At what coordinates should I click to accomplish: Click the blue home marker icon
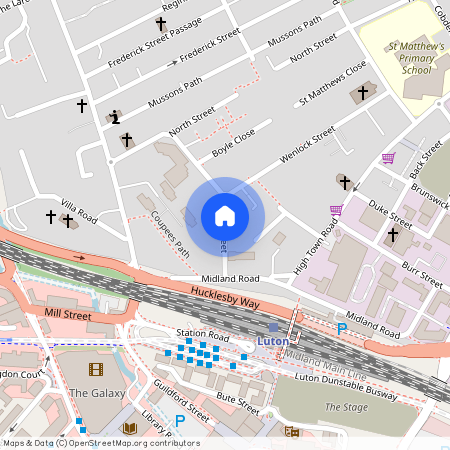225,216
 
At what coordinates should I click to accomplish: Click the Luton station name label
273,341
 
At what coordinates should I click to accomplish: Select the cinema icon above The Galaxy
95,369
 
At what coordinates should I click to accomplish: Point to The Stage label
346,407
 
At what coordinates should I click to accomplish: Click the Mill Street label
67,314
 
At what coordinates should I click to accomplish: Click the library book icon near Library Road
129,428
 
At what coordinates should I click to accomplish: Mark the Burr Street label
422,270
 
